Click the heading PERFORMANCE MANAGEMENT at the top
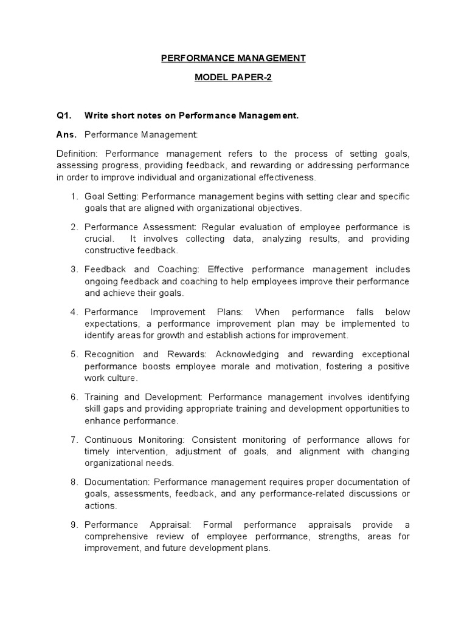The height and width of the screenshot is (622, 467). [233, 58]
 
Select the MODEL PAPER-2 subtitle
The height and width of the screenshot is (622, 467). [233, 78]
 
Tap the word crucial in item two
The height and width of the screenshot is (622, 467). [99, 239]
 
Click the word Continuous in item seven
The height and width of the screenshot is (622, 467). [106, 439]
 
